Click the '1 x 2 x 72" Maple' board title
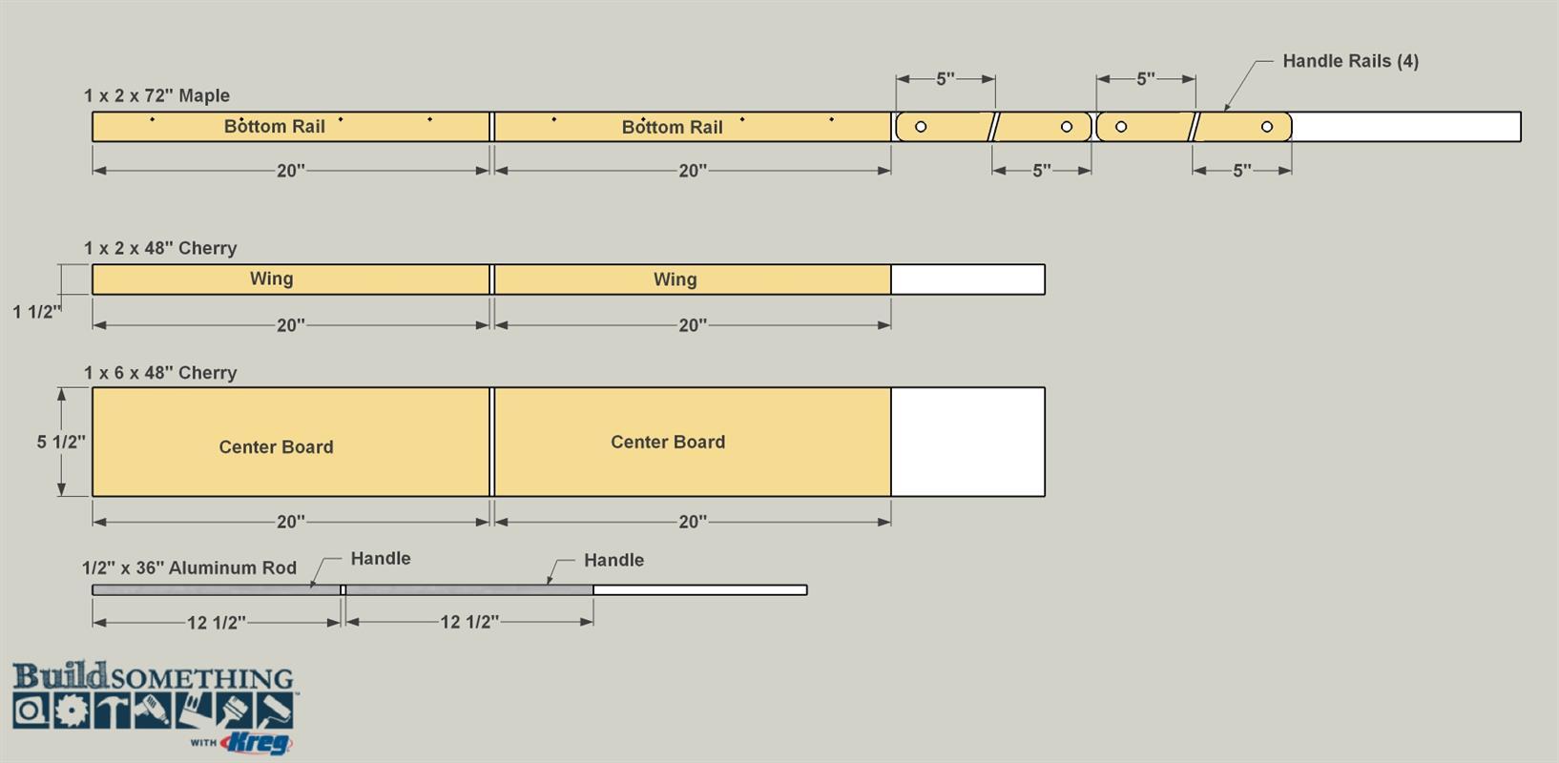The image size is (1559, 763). [x=156, y=95]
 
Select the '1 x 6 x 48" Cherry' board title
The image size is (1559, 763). [x=160, y=373]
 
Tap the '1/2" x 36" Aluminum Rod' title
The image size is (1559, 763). [x=189, y=567]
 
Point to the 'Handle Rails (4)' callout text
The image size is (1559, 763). [x=1350, y=61]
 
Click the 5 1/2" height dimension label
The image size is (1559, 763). [x=61, y=442]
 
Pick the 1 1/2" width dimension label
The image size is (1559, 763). [x=37, y=312]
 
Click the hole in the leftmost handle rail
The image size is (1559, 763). [x=921, y=127]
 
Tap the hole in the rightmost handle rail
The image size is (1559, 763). [x=1267, y=127]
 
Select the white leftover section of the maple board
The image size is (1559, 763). [x=1406, y=127]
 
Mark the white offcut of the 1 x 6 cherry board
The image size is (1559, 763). [x=968, y=442]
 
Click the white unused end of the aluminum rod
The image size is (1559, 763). [x=700, y=589]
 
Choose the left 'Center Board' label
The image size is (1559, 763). [x=277, y=446]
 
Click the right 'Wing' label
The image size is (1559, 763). [x=676, y=278]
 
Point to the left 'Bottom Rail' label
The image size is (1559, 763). [x=274, y=127]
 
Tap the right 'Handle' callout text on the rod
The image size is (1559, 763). [x=613, y=560]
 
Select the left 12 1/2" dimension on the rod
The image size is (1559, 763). [x=217, y=622]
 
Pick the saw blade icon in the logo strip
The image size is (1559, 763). [x=71, y=711]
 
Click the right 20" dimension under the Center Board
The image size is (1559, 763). [x=693, y=522]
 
